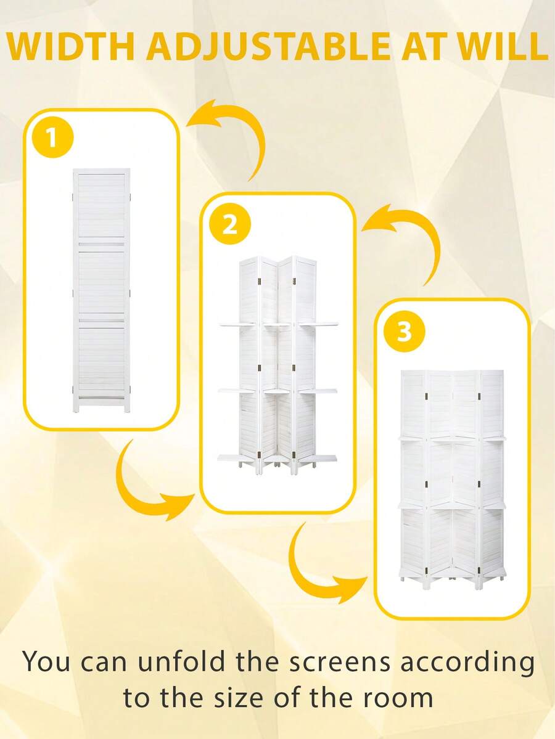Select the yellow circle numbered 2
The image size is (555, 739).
tap(229, 224)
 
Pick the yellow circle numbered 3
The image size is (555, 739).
tap(404, 331)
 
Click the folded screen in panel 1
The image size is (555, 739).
tap(102, 290)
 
